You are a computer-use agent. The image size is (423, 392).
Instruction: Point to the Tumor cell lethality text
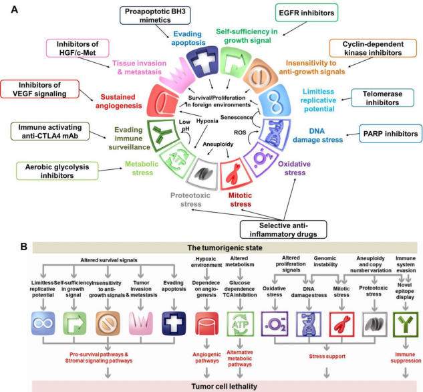pos(212,386)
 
